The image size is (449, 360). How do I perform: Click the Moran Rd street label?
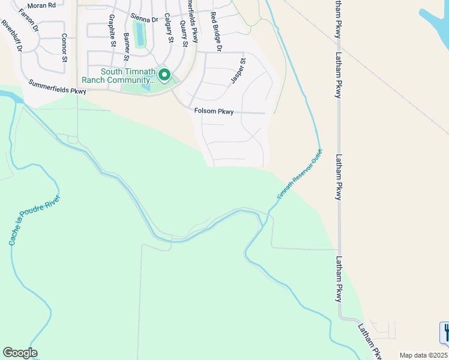coord(41,5)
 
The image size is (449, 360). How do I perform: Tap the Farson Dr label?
coord(29,20)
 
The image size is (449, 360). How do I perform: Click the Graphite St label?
coord(112,32)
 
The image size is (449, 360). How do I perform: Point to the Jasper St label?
coord(238,71)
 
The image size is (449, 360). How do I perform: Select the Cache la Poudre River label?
coord(35,219)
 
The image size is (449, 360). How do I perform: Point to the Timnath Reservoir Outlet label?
coord(300,175)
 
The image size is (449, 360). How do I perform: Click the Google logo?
coord(20,353)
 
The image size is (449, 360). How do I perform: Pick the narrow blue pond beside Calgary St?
coord(140,34)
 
